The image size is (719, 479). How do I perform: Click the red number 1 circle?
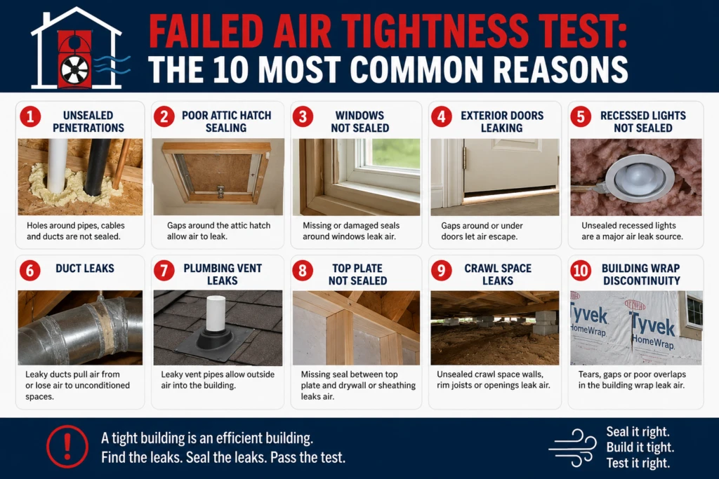[x=30, y=116]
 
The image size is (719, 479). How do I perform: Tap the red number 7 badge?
[x=164, y=270]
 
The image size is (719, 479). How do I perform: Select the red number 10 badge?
[x=581, y=270]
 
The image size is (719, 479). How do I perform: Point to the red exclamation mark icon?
[x=67, y=446]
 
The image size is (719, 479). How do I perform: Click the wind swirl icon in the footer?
[x=573, y=447]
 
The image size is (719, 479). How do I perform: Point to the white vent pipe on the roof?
[x=216, y=313]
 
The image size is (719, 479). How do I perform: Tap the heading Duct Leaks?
[x=85, y=269]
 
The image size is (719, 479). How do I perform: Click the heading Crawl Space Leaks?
[x=498, y=274]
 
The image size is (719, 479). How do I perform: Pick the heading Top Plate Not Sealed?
[x=357, y=274]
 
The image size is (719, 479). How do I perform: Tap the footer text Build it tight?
[x=640, y=447]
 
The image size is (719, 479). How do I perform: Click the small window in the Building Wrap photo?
[x=694, y=310]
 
